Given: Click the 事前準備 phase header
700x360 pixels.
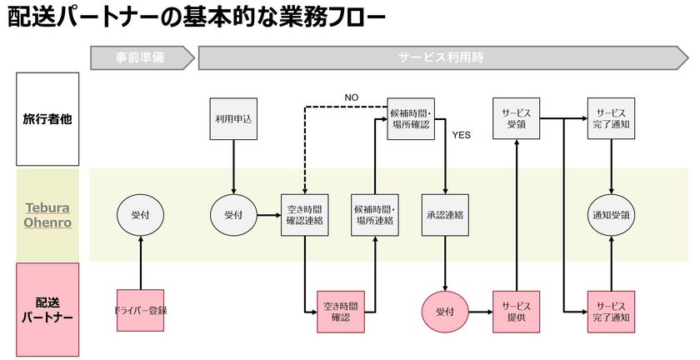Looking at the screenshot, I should tap(140, 58).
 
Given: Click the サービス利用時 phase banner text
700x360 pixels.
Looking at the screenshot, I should tap(441, 58).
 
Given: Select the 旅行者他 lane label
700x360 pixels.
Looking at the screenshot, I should tap(47, 118).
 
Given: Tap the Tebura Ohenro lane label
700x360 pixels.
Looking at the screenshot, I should tap(47, 215).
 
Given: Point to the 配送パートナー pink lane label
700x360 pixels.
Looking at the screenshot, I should tap(47, 309).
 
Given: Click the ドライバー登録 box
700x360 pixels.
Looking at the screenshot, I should tap(141, 311).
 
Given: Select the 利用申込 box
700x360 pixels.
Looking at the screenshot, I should tap(232, 119).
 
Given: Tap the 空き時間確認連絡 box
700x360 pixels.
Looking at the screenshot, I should tap(304, 215).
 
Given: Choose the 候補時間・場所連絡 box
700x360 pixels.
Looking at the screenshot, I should tap(375, 215).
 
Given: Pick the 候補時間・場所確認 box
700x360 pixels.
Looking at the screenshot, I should tap(412, 119).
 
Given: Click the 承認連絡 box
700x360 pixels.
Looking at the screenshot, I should tap(446, 215).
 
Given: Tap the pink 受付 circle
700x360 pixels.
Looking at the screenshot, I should tap(446, 311).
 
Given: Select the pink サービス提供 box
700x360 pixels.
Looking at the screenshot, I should tap(517, 311).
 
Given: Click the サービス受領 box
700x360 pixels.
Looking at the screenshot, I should tap(517, 119).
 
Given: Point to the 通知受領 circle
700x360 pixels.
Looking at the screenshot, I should tap(612, 215).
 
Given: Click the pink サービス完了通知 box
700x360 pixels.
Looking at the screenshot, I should tap(612, 311).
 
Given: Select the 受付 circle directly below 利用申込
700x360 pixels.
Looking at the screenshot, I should tap(232, 215).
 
